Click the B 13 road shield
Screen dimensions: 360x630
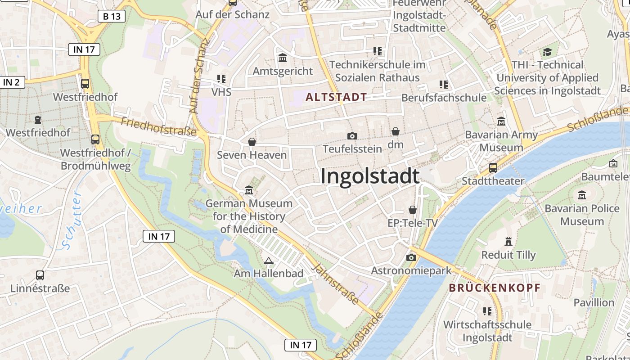point(112,17)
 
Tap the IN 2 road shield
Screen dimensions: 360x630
point(12,82)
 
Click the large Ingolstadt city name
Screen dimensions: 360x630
point(370,176)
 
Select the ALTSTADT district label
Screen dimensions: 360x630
point(336,97)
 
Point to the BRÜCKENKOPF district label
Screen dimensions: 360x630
point(495,288)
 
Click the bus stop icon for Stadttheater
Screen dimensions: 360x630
point(493,168)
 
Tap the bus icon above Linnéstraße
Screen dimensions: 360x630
point(40,275)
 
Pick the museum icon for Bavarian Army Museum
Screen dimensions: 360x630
point(501,121)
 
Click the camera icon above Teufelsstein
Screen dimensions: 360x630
point(352,135)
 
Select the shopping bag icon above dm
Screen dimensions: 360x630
point(396,131)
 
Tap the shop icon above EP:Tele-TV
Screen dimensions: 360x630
point(413,210)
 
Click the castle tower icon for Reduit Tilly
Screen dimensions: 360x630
point(509,242)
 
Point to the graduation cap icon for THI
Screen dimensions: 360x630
point(547,52)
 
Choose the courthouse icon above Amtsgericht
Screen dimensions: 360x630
point(283,58)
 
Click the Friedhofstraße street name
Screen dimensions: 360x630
point(159,126)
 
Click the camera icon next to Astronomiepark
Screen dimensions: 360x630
point(411,257)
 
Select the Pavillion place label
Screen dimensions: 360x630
point(594,302)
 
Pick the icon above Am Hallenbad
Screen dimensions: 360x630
point(269,261)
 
